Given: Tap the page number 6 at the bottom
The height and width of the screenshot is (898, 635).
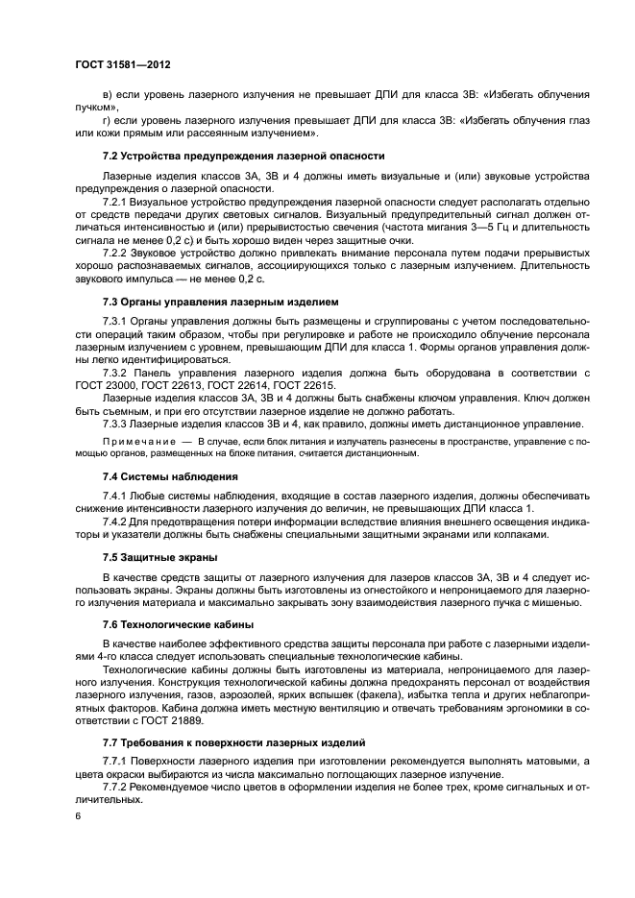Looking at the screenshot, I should click(80, 816).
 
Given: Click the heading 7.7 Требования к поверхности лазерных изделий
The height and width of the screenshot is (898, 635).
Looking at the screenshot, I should click(246, 743).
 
